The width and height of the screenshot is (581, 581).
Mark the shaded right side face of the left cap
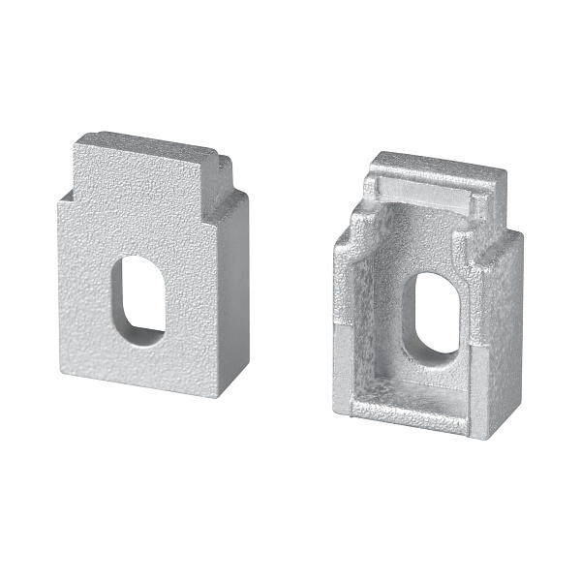(x=235, y=290)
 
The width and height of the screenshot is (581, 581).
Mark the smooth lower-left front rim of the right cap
(x=341, y=373)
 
